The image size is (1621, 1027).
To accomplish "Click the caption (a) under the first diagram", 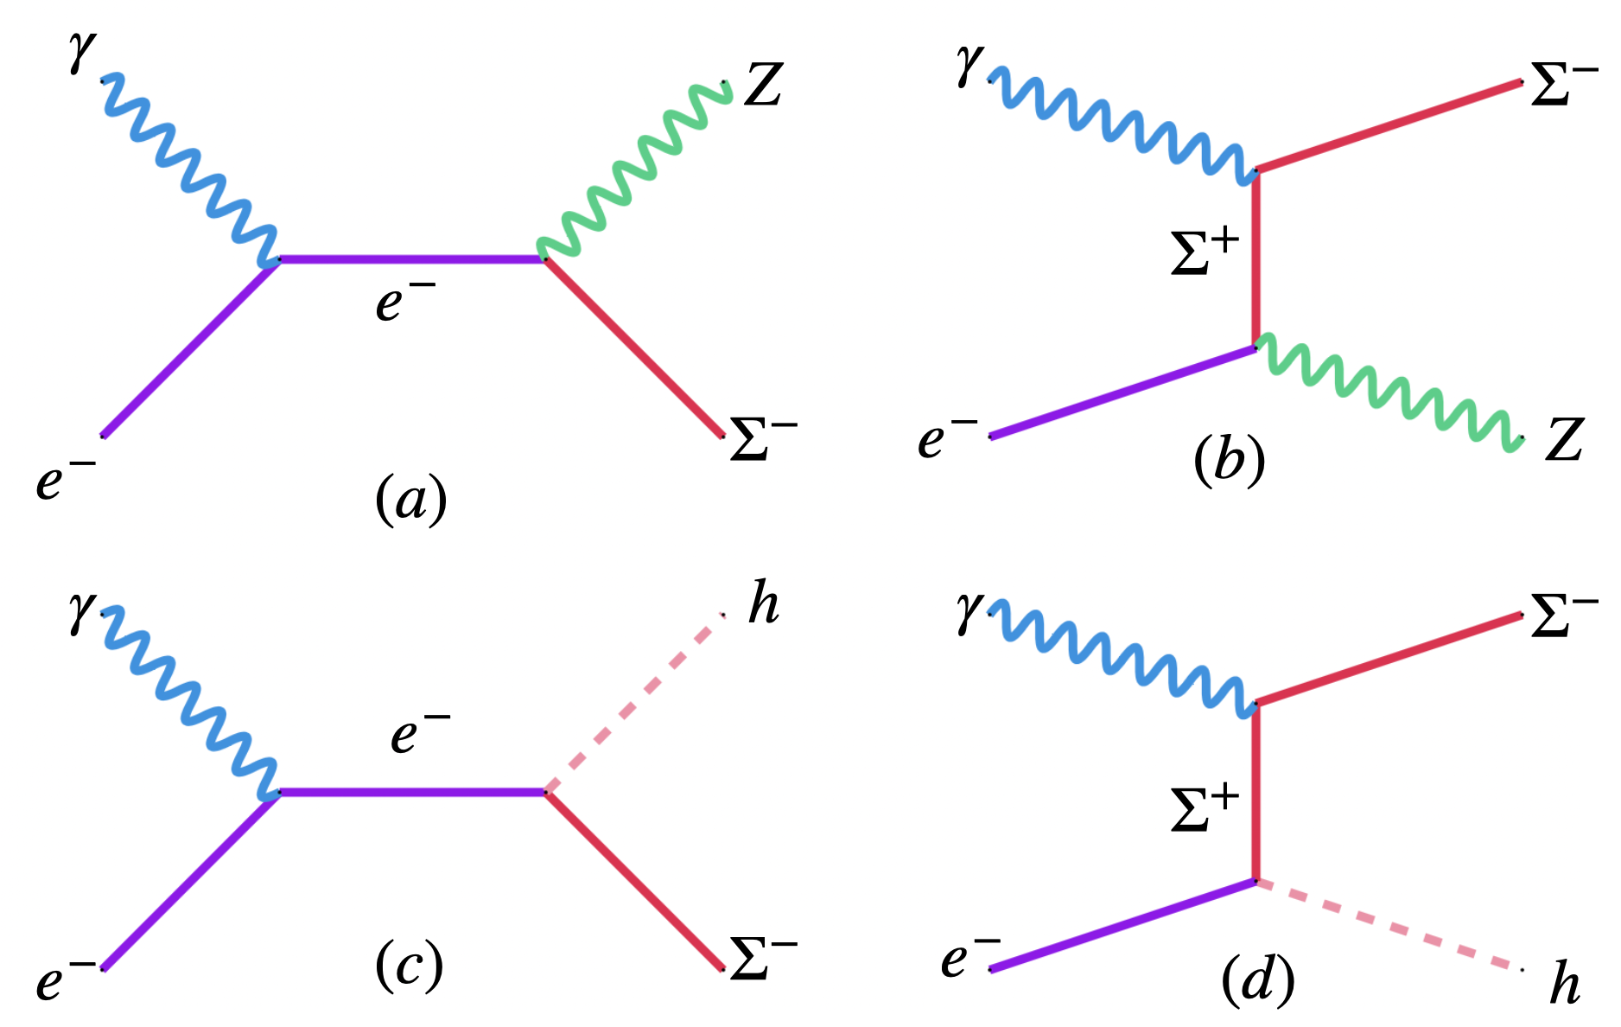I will pos(410,500).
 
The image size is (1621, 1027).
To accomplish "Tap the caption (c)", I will pos(409,966).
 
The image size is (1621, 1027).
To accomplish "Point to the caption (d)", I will pos(1257,981).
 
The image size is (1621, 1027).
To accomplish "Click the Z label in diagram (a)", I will pos(763,86).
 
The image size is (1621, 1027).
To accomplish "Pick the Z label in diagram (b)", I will pos(1564,440).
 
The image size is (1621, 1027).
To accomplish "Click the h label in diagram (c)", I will pos(763,603).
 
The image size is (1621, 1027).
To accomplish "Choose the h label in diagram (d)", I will pos(1564,985).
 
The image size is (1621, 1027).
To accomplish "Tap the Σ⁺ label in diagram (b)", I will pos(1205,252).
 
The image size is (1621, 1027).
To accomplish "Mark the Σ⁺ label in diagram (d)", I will pos(1205,809).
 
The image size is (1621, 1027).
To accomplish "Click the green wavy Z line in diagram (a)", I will pos(635,169).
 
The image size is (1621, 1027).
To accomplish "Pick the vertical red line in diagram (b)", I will pos(1255,259).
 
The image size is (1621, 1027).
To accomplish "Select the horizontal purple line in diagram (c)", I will pos(411,791).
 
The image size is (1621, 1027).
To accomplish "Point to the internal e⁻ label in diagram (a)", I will pos(404,301).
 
